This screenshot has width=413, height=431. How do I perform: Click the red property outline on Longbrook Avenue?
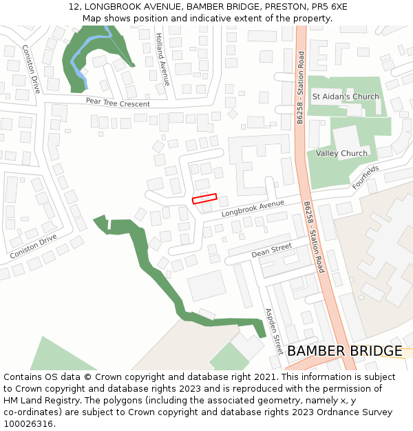[204, 199]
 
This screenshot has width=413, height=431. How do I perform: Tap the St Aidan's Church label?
[346, 97]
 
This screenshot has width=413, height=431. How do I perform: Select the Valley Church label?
[341, 153]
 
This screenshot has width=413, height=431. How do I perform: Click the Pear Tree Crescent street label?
[118, 102]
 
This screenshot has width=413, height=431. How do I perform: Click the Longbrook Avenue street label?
[253, 208]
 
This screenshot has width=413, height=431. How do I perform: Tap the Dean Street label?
[271, 250]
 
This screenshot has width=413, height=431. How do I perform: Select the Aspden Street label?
[274, 331]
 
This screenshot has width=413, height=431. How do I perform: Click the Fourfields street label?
[366, 177]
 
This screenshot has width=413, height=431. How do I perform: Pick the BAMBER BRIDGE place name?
[344, 351]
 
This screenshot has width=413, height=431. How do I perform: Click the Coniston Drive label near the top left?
[31, 69]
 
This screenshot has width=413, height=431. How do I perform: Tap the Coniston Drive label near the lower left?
[33, 246]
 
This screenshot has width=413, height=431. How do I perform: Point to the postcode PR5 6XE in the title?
[329, 7]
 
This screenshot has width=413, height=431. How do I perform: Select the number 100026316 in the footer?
[28, 424]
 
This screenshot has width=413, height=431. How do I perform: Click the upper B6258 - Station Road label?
[300, 87]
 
